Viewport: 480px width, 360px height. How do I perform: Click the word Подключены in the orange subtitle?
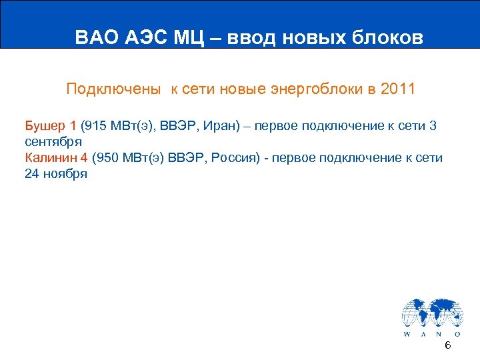[113, 89]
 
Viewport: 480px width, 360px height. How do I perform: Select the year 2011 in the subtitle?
[396, 89]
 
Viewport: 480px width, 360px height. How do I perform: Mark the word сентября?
[53, 141]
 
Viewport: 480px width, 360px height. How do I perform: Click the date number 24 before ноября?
[32, 174]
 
